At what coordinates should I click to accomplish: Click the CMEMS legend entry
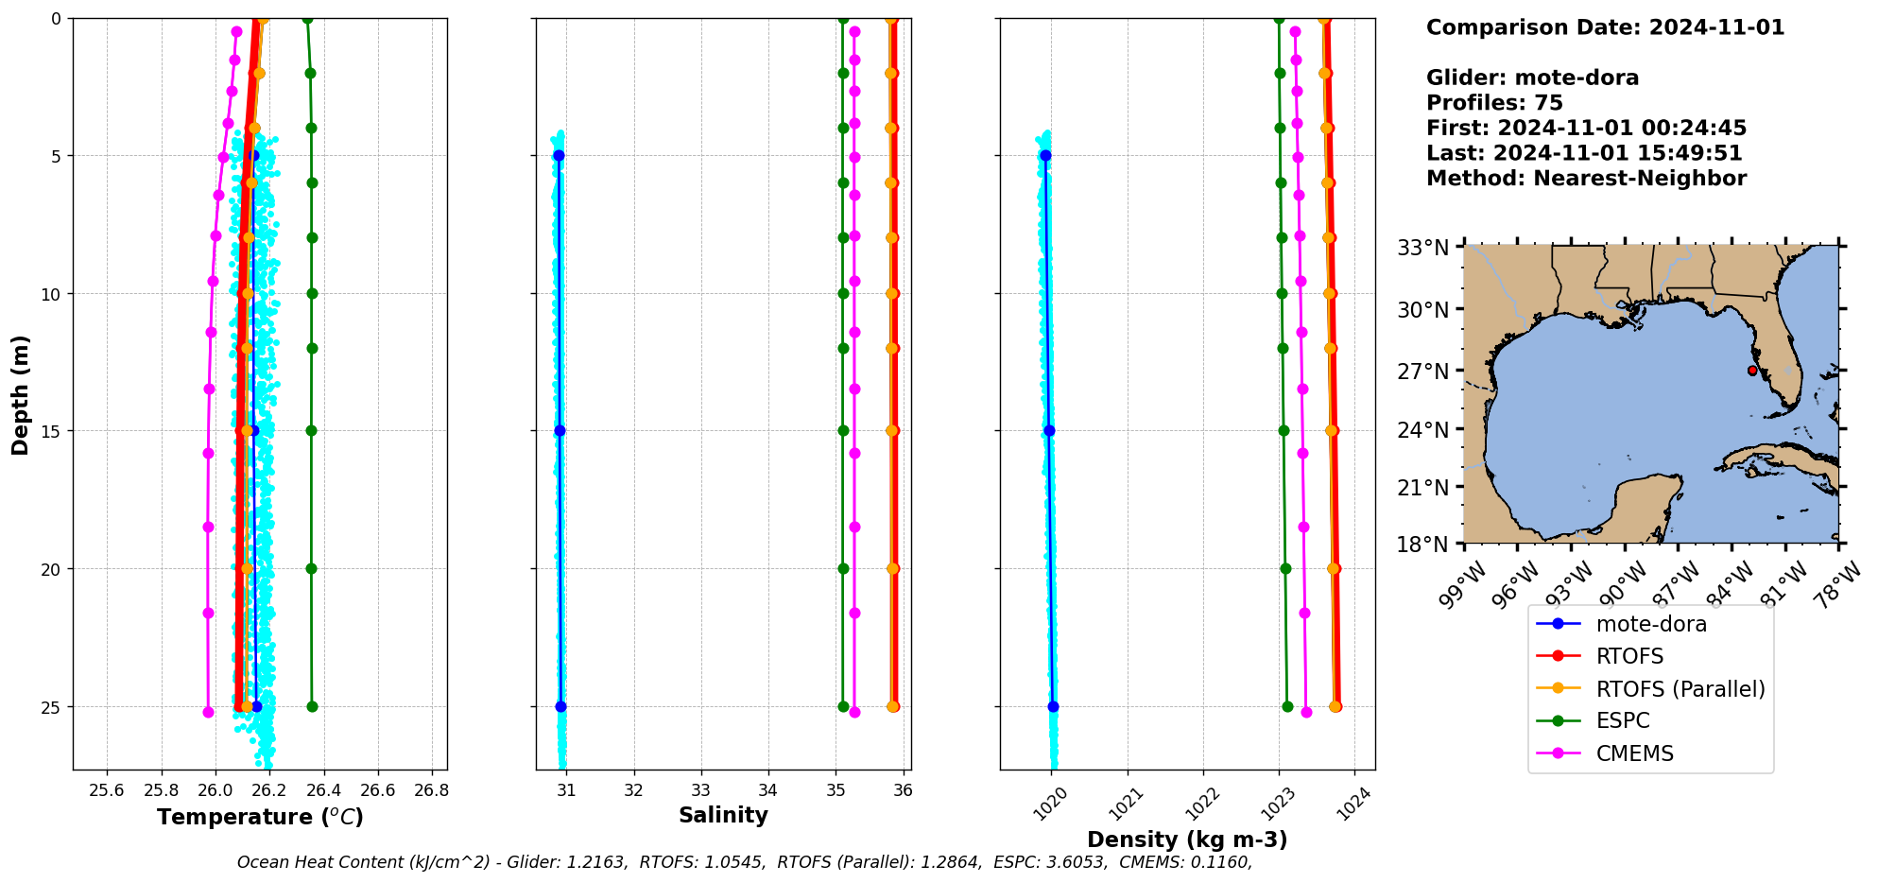tap(1634, 753)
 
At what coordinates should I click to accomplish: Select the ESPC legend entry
tap(1622, 720)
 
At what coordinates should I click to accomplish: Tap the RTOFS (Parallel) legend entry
tap(1680, 689)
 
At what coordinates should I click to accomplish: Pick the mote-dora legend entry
tap(1650, 624)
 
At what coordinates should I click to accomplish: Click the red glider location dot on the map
tap(1752, 371)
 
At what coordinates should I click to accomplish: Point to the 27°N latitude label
tap(1422, 372)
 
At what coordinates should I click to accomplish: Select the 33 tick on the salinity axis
tap(700, 790)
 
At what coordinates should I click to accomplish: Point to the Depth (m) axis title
tap(20, 395)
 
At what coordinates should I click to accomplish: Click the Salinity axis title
tap(723, 815)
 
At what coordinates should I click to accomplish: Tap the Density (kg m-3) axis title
tap(1187, 840)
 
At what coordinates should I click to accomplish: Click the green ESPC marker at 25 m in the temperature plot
tap(312, 706)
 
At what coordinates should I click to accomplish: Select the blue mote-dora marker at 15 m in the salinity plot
tap(560, 430)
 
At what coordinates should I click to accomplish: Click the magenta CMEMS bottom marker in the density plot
tap(1306, 712)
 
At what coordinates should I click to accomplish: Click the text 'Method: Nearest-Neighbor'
tap(1586, 179)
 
